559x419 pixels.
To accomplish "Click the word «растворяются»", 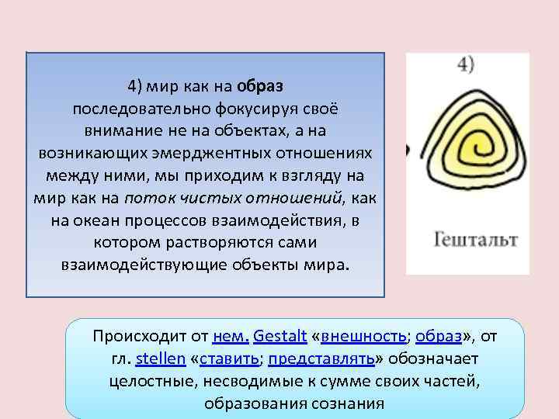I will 253,242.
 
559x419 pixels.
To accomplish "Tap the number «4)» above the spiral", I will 466,65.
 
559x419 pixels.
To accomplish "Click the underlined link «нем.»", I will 230,337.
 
